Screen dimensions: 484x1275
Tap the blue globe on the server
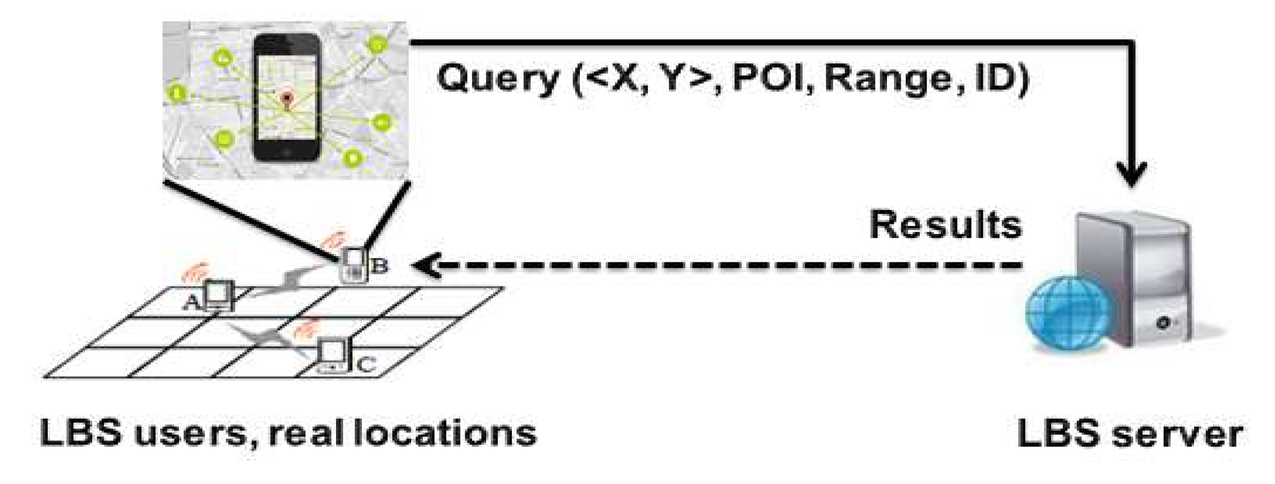[x=1067, y=314]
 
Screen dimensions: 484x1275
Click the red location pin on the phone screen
[x=287, y=99]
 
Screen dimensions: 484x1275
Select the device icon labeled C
[x=333, y=355]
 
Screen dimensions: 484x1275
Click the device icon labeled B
[x=354, y=265]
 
